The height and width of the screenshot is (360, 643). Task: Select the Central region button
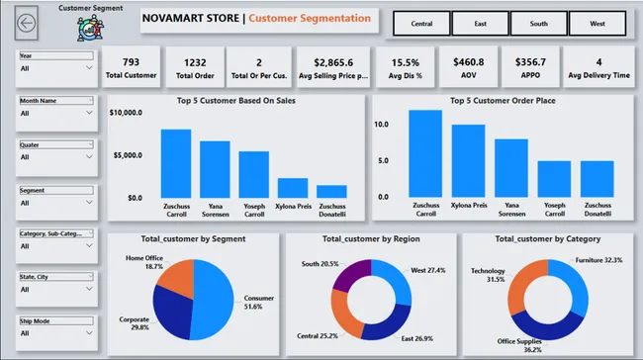click(421, 22)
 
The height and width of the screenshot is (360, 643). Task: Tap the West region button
click(597, 22)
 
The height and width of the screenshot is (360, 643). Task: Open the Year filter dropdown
click(56, 68)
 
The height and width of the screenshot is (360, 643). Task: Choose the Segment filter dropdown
click(56, 202)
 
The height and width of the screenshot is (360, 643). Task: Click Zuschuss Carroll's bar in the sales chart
click(176, 163)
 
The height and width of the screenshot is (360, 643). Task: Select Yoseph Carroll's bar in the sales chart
click(254, 174)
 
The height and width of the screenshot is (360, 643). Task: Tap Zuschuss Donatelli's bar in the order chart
click(597, 179)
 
